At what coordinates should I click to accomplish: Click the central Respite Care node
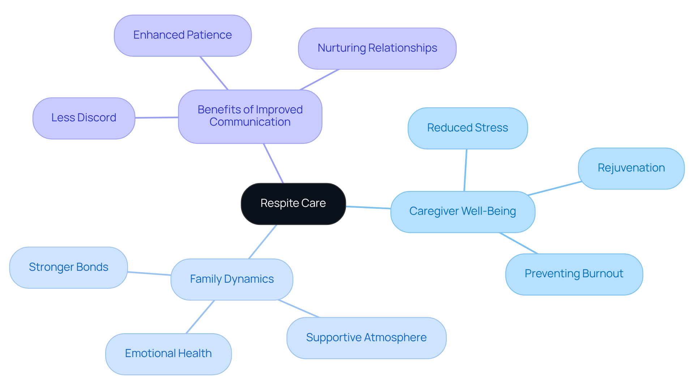293,204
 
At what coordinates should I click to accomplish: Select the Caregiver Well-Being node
462,212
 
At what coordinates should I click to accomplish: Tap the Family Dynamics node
232,279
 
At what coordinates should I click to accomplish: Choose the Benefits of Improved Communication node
250,116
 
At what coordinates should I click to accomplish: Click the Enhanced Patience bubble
183,35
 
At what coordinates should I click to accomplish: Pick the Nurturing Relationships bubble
377,48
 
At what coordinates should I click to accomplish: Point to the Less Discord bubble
83,118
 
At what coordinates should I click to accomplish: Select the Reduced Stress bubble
467,128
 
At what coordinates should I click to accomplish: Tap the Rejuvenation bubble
631,168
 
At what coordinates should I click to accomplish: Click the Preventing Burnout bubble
574,274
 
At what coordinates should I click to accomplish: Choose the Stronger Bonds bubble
68,268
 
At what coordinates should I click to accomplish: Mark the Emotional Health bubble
168,354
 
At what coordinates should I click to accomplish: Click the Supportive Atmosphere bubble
366,338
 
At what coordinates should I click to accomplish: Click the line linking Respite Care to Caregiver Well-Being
368,207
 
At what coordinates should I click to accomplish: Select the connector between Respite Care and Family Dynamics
263,242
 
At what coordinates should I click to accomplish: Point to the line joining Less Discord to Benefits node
157,117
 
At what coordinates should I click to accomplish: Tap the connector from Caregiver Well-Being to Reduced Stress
466,170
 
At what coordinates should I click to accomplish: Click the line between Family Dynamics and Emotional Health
200,317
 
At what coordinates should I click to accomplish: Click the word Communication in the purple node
250,122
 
